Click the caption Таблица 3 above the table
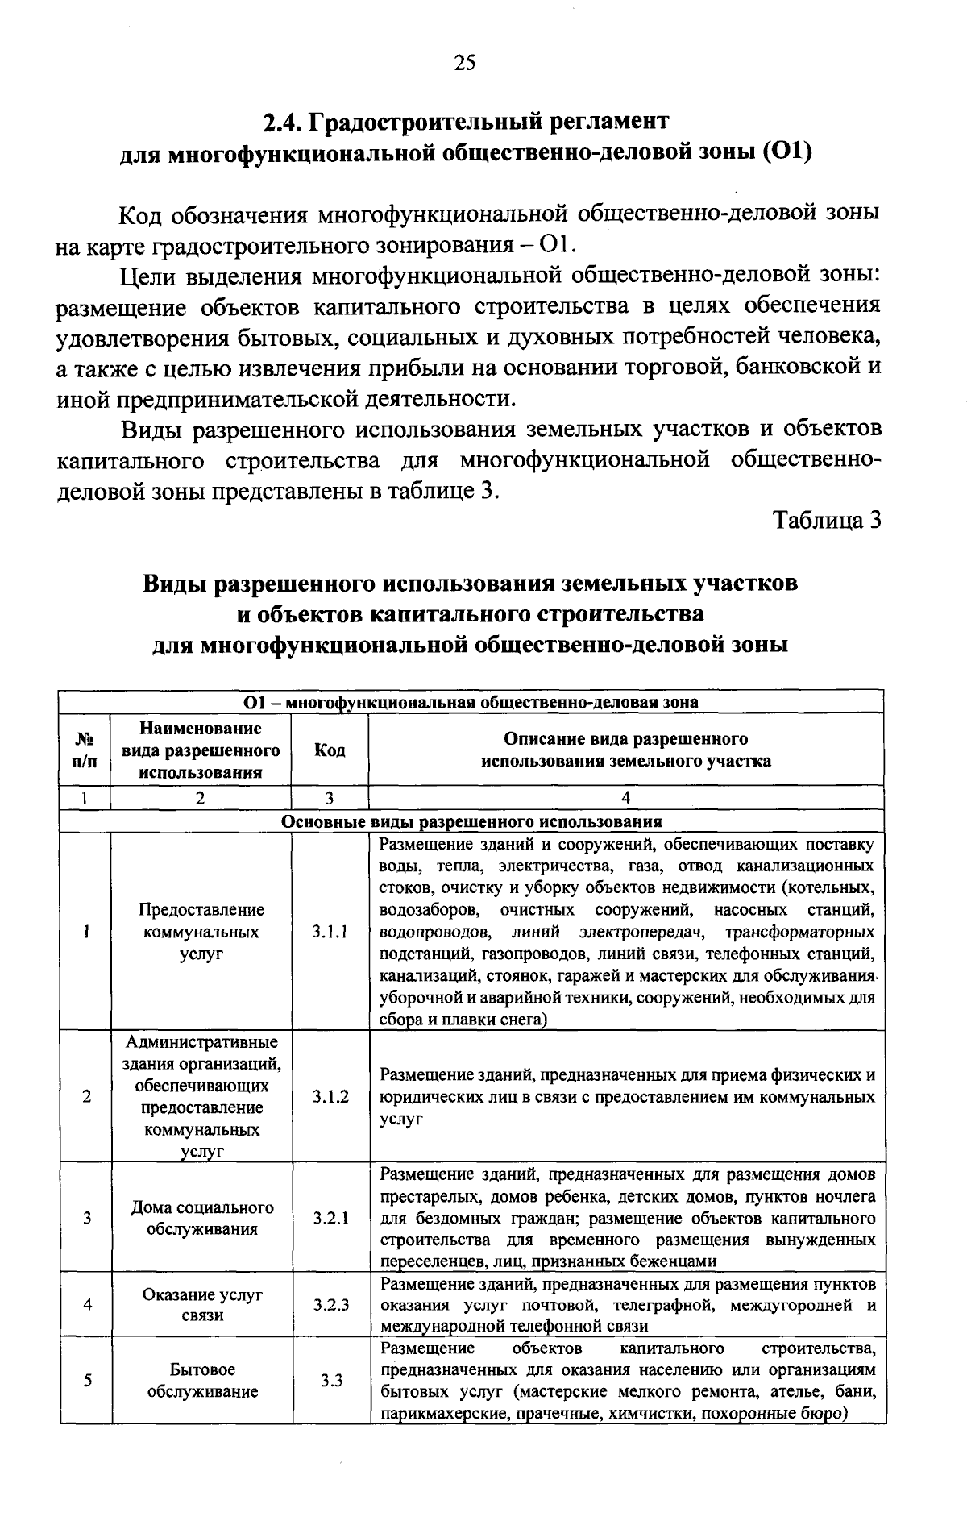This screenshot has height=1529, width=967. pyautogui.click(x=828, y=521)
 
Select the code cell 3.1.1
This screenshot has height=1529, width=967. pyautogui.click(x=330, y=933)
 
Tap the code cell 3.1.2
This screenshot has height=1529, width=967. pyautogui.click(x=330, y=1097)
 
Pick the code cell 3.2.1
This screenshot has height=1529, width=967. pyautogui.click(x=330, y=1218)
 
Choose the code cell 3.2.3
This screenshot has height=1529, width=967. pyautogui.click(x=330, y=1304)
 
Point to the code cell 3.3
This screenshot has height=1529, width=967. pyautogui.click(x=330, y=1380)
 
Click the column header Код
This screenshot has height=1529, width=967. pyautogui.click(x=330, y=750)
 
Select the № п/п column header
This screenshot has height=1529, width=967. pyautogui.click(x=85, y=750)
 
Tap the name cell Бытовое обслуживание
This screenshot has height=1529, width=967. pyautogui.click(x=202, y=1380)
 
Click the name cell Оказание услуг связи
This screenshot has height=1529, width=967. pyautogui.click(x=202, y=1304)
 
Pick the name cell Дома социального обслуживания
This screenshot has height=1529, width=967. pyautogui.click(x=202, y=1218)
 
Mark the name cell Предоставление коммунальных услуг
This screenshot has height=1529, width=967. pyautogui.click(x=201, y=933)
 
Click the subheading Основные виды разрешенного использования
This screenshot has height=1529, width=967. pyautogui.click(x=471, y=822)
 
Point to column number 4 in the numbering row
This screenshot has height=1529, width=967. pyautogui.click(x=626, y=798)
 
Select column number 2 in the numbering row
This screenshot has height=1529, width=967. pyautogui.click(x=201, y=798)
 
